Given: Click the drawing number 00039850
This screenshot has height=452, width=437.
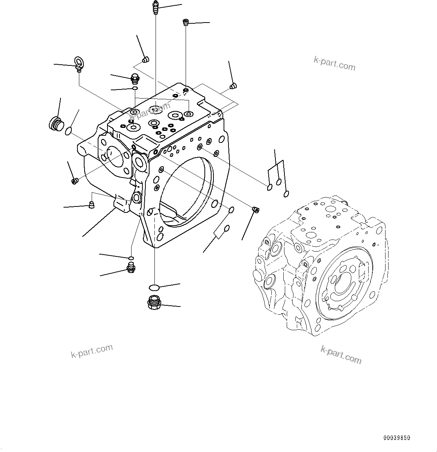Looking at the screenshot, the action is pyautogui.click(x=397, y=438).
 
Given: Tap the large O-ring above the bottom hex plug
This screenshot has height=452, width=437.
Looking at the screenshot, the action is pyautogui.click(x=154, y=288).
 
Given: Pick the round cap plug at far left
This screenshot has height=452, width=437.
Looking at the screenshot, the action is pyautogui.click(x=56, y=123).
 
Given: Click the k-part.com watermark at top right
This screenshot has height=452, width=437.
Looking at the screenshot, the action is pyautogui.click(x=334, y=63).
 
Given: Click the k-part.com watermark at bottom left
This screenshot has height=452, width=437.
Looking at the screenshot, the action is pyautogui.click(x=92, y=350).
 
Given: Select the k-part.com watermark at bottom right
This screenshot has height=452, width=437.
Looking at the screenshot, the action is pyautogui.click(x=340, y=355).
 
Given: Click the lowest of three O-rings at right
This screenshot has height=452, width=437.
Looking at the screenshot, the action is pyautogui.click(x=286, y=194).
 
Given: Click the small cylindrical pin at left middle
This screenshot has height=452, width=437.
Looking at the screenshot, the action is pyautogui.click(x=91, y=205).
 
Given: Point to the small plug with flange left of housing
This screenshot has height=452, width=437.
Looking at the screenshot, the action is pyautogui.click(x=74, y=181).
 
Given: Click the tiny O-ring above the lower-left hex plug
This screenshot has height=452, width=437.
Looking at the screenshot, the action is pyautogui.click(x=130, y=258).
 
